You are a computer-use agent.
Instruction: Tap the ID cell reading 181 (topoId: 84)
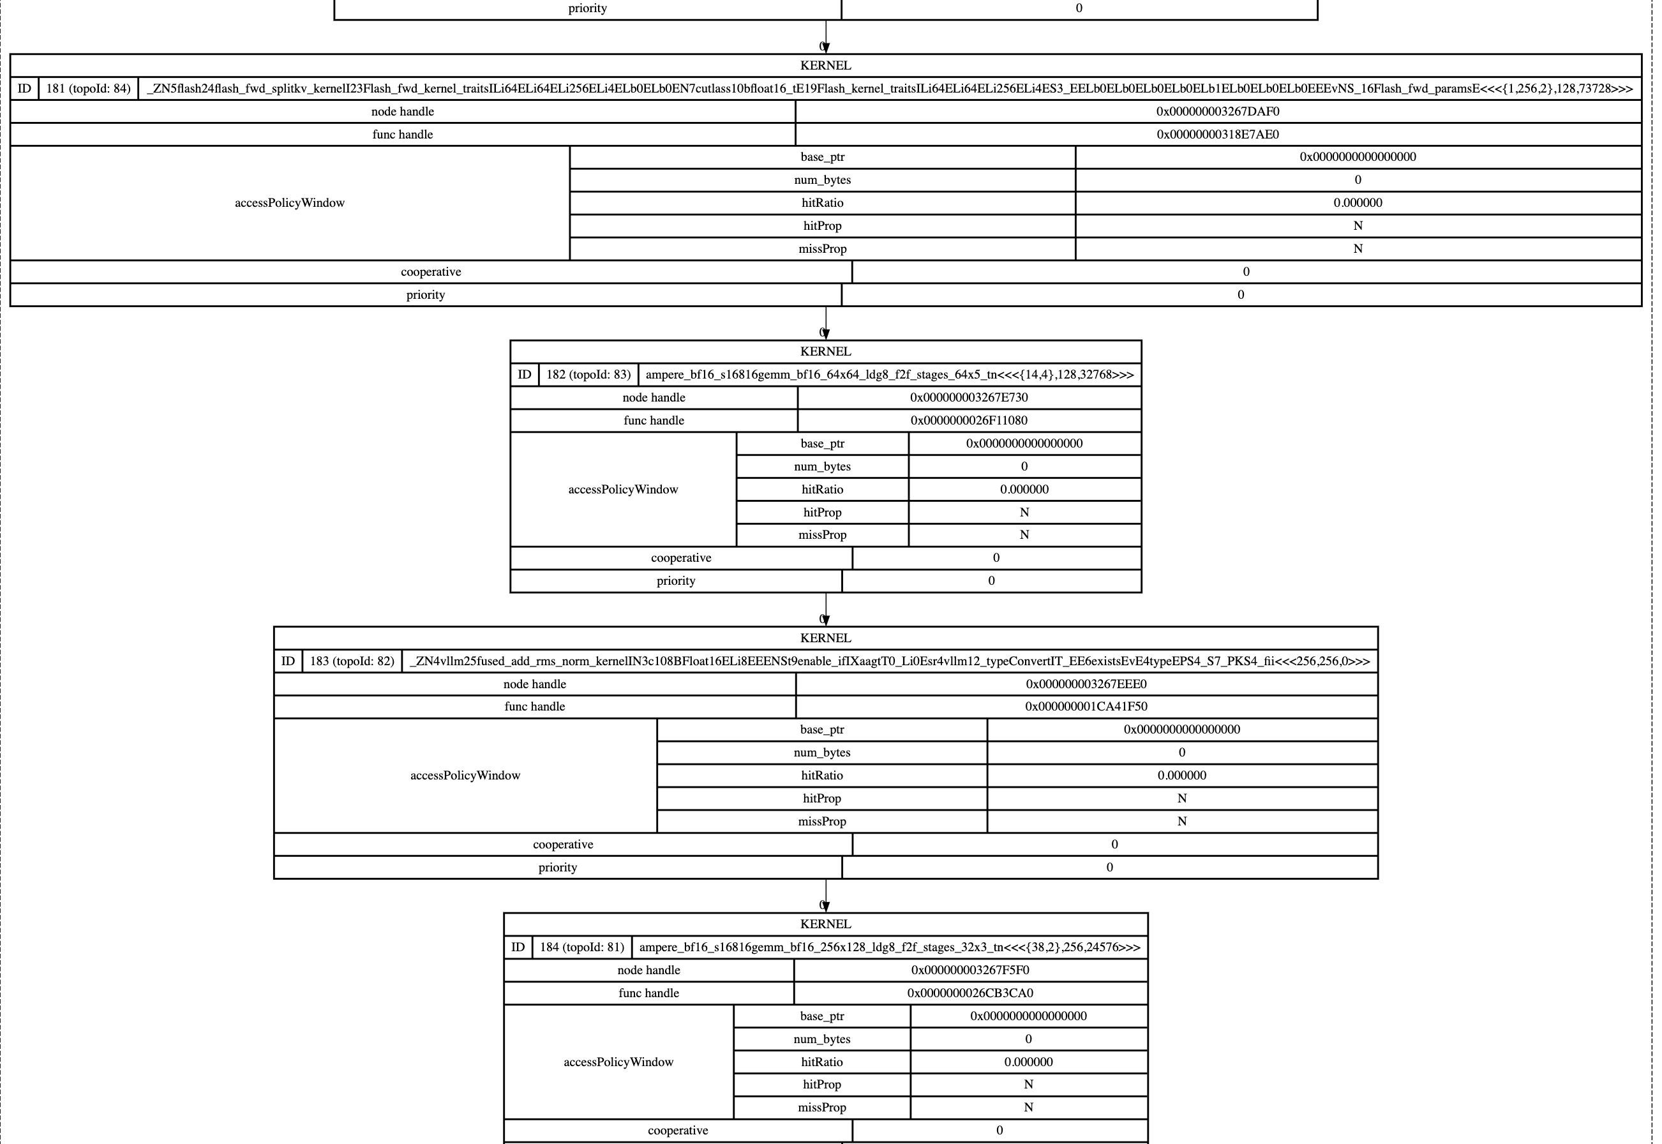coord(88,89)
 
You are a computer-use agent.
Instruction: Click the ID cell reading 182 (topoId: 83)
coord(588,375)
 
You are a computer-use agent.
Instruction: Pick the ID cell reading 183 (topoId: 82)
coord(352,661)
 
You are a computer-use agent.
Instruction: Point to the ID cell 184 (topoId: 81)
coord(582,947)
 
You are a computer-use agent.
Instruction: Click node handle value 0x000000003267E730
coord(968,397)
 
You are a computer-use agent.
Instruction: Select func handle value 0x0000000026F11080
coord(968,420)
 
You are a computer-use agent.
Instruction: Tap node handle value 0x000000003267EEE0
coord(1086,684)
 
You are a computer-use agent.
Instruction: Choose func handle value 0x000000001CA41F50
coord(1086,706)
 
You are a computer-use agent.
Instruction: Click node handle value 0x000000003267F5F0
coord(969,970)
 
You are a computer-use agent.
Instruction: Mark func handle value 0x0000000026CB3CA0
coord(969,993)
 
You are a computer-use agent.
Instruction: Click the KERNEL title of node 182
coord(826,351)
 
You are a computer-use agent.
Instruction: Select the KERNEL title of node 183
coord(826,638)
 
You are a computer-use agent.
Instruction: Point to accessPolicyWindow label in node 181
coord(290,203)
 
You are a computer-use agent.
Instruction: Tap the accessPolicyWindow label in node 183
coord(465,775)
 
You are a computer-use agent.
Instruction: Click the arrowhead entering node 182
coord(826,334)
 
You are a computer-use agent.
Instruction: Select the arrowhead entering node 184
coord(826,907)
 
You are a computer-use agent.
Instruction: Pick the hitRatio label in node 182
coord(822,490)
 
